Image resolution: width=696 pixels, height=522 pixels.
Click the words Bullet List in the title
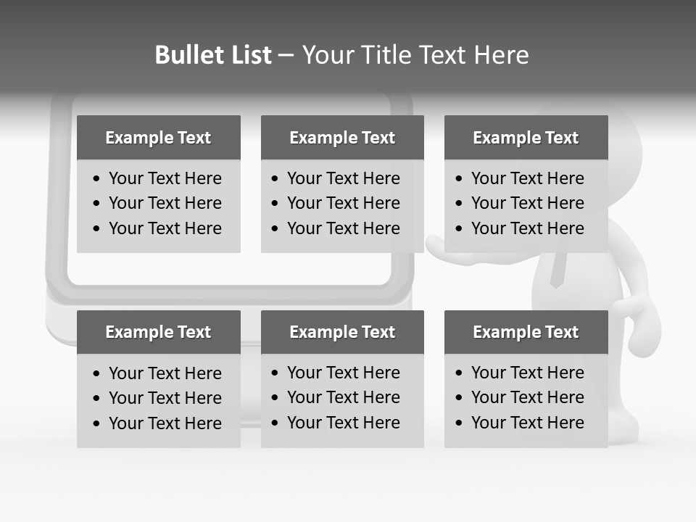tap(213, 55)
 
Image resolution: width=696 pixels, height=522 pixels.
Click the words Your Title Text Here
tap(415, 55)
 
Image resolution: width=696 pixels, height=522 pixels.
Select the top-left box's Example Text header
tap(158, 138)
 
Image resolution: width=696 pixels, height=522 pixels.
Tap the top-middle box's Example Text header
tap(342, 138)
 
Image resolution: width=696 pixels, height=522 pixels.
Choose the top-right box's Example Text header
tap(526, 138)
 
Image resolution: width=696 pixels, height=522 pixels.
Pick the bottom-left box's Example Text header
tap(158, 332)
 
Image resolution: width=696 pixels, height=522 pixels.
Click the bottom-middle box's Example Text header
tap(342, 332)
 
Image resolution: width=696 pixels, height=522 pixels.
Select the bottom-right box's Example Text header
tap(526, 332)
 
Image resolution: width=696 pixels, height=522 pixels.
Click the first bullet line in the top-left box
tap(165, 178)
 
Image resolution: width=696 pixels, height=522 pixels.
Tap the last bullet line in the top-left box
tap(165, 228)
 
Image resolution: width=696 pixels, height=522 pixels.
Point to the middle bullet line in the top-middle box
tap(343, 203)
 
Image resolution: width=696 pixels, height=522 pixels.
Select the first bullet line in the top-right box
tap(527, 178)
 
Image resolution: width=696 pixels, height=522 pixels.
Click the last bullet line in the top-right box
tap(527, 228)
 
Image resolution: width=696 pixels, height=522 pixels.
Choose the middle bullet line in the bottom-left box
tap(165, 398)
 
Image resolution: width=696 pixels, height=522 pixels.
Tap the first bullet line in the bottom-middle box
tap(343, 373)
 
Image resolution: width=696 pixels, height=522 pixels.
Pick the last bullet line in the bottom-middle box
tap(343, 423)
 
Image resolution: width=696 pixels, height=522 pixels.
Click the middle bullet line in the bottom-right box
tap(527, 397)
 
